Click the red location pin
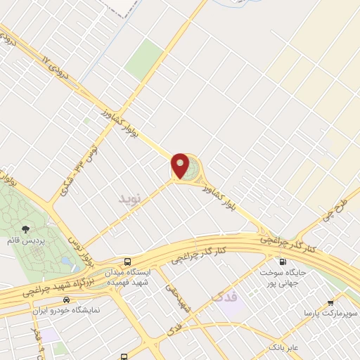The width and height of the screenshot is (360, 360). coord(180,166)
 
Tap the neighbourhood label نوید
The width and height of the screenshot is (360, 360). coord(129,200)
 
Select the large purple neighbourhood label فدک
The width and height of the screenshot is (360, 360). coord(226,298)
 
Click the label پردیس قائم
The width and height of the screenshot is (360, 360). coord(26,240)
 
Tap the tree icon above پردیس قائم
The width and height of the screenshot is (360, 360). coord(26,229)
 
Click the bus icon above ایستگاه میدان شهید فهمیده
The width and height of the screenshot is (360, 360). coord(127,261)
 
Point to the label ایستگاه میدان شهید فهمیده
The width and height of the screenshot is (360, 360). coord(127,277)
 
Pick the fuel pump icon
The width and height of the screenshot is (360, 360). coord(283,262)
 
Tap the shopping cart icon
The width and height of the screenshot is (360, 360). coord(331,302)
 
